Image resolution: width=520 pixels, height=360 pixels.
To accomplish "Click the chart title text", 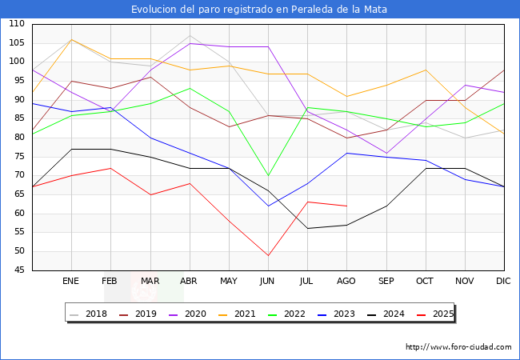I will (260, 10).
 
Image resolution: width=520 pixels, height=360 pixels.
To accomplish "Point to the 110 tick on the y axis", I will (16, 24).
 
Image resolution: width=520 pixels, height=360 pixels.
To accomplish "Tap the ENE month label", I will (71, 282).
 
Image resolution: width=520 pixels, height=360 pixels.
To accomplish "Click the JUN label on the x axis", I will (268, 282).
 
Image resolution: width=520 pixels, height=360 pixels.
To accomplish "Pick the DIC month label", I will (503, 282).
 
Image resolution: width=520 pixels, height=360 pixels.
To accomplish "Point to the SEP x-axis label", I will (386, 282).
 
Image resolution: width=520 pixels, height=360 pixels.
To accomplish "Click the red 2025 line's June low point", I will (268, 255).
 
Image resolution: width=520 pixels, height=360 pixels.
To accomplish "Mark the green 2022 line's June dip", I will (268, 175).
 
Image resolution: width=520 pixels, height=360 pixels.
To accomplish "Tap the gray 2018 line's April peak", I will (190, 35).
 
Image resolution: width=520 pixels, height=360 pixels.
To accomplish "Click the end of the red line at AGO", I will (346, 206).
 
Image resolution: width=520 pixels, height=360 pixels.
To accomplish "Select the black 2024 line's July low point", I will (307, 229).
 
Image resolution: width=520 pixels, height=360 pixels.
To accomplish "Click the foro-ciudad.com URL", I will (458, 347).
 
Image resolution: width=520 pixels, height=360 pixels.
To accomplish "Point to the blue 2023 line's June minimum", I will (268, 206).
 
